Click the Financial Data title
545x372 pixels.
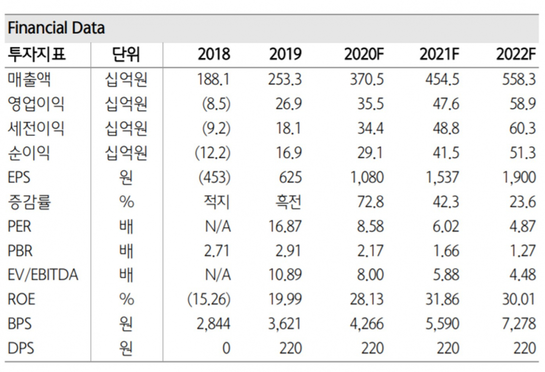coord(56,28)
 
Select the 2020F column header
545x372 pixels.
coord(364,55)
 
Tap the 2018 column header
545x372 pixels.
coord(214,55)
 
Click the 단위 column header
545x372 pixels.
coord(126,55)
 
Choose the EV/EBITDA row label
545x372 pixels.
coord(43,275)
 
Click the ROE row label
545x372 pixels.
coord(21,299)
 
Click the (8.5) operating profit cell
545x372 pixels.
coord(216,104)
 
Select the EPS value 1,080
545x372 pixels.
coord(367,177)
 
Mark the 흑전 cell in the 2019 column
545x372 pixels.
coord(289,201)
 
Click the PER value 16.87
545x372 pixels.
coord(285,226)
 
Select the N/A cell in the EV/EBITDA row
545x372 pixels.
coord(218,275)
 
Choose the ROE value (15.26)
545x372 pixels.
coord(209,299)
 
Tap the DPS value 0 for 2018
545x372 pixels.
coord(226,349)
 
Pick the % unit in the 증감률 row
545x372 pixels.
coord(126,201)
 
